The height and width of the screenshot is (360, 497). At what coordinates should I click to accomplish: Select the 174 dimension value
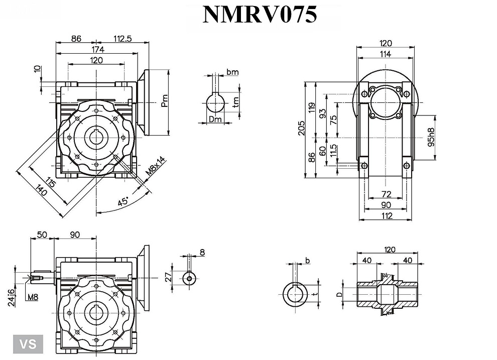[x=97, y=49]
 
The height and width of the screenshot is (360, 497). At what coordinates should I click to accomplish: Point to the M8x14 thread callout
[x=151, y=166]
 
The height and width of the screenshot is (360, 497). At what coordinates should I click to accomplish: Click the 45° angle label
[x=123, y=201]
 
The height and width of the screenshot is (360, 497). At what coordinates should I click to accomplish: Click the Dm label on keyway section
[x=215, y=119]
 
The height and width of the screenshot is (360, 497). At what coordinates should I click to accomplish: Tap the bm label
[x=232, y=72]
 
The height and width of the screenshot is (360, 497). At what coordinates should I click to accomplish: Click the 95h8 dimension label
[x=431, y=137]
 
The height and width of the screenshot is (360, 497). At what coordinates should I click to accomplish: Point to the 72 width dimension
[x=386, y=194]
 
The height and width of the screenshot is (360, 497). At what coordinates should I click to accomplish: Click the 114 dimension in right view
[x=385, y=54]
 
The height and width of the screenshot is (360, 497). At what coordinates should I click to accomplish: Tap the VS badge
[x=29, y=344]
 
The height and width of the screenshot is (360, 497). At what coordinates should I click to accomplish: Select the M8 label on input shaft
[x=33, y=297]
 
